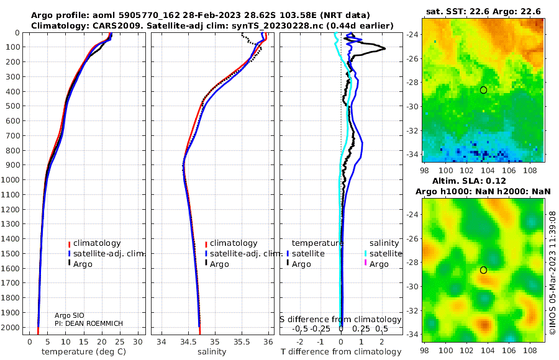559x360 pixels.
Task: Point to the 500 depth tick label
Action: coord(12,106)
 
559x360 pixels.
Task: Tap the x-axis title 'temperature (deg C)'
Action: coord(84,352)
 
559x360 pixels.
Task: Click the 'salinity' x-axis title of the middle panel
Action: coord(212,352)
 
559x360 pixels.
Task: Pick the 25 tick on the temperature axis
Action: coord(120,342)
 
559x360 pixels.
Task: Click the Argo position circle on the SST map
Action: coord(483,90)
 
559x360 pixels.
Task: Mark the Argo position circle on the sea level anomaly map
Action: coord(483,270)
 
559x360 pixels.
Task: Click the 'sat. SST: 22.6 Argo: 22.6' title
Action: coord(483,12)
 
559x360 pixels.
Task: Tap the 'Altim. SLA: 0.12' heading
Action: coord(469,181)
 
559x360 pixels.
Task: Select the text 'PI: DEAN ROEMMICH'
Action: coord(89,323)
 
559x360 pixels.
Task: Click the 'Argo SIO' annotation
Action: coord(70,315)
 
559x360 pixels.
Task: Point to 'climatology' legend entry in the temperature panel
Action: coord(94,243)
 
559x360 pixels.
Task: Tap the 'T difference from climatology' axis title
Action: coord(341,352)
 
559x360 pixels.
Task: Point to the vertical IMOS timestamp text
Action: coord(553,272)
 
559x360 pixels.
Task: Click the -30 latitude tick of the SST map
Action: coord(412,107)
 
